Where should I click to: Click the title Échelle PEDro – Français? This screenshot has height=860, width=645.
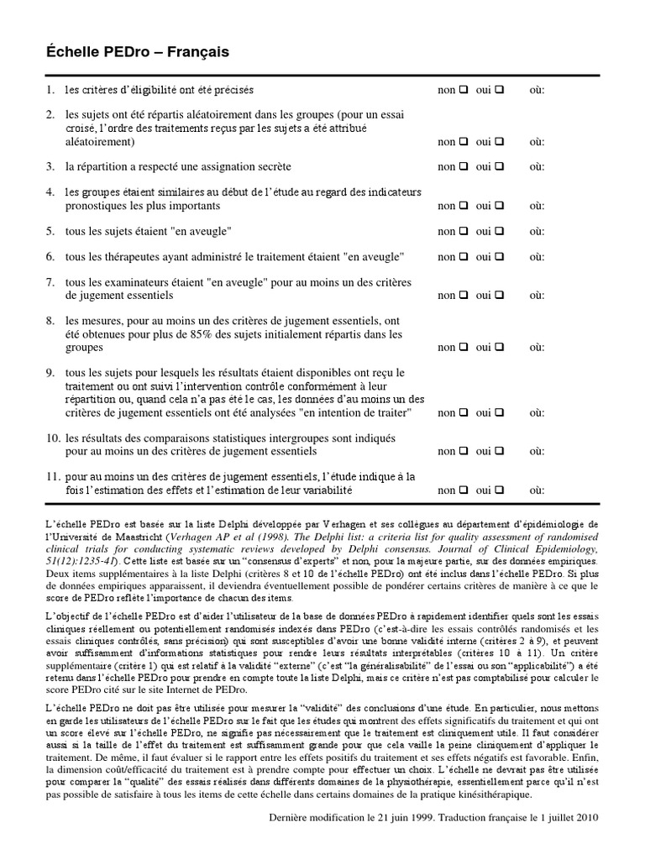137,52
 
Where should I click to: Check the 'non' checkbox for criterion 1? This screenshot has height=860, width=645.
462,90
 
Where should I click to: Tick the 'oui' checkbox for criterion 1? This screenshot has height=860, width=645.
499,90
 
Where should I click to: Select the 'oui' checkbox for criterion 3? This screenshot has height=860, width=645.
499,167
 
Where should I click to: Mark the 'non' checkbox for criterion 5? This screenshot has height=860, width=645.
462,231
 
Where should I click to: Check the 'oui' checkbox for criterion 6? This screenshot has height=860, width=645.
499,257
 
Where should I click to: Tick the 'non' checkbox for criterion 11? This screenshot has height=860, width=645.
462,490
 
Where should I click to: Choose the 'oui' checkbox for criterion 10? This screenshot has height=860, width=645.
499,451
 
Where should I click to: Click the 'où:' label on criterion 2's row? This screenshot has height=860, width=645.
537,142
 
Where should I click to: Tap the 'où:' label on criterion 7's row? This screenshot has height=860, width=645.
537,296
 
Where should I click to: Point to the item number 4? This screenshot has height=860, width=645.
50,192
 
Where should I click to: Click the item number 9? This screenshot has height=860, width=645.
50,373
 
